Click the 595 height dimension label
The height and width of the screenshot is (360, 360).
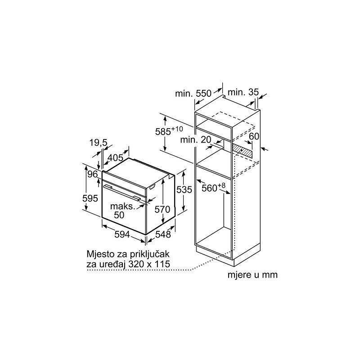click(x=90, y=198)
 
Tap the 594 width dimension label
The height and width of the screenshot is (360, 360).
click(x=122, y=234)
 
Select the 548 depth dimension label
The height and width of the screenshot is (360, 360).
click(x=163, y=234)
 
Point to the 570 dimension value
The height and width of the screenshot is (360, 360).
click(x=162, y=209)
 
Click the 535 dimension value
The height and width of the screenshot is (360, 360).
click(x=184, y=189)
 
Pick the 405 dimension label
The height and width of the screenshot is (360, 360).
click(x=115, y=158)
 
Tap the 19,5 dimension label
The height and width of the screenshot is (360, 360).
click(x=98, y=143)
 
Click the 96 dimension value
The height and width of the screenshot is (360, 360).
click(x=93, y=174)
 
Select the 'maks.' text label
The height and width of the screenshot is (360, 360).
click(x=123, y=207)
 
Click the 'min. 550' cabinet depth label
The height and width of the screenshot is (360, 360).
click(x=193, y=94)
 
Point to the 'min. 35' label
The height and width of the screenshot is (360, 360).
click(x=243, y=92)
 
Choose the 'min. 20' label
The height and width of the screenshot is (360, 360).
click(x=196, y=139)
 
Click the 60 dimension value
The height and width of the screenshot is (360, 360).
click(x=254, y=136)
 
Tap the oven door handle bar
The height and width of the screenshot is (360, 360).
click(x=122, y=193)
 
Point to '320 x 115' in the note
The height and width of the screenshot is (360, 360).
click(x=149, y=264)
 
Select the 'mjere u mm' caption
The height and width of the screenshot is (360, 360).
click(x=252, y=275)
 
